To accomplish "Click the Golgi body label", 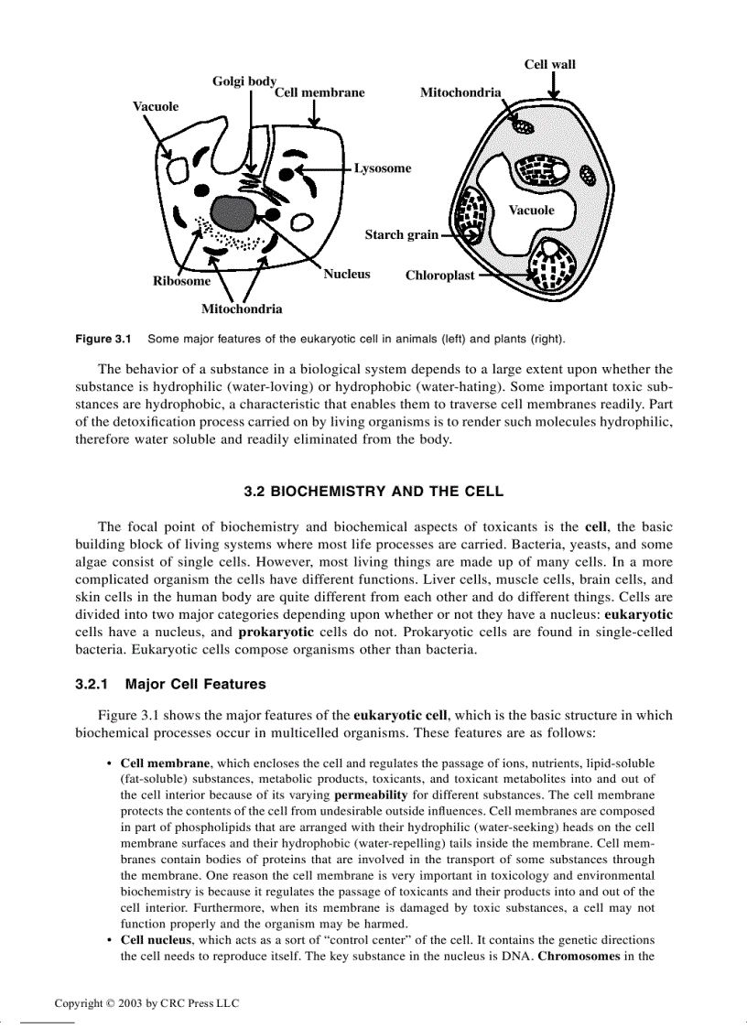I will click(244, 81).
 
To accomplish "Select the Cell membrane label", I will click(319, 92).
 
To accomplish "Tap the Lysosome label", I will click(383, 168).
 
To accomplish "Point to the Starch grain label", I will click(401, 235).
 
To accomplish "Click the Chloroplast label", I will click(439, 276).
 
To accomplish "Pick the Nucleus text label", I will click(346, 274).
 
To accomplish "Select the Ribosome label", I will click(181, 281).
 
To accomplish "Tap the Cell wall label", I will click(549, 64).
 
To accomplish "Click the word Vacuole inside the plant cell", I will click(531, 211).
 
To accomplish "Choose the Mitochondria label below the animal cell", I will click(242, 309).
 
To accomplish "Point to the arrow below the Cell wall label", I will click(553, 88).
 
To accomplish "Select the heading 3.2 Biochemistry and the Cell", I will click(373, 492).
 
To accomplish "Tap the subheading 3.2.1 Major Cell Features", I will click(170, 684).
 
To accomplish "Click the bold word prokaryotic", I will click(277, 633).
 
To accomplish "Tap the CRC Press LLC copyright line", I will click(146, 1003).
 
